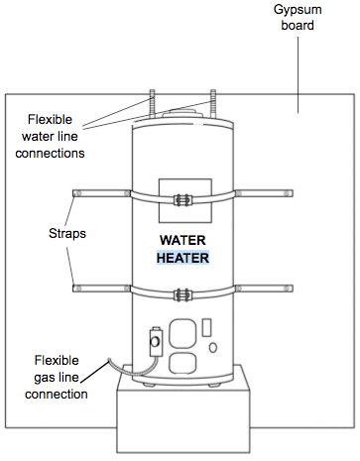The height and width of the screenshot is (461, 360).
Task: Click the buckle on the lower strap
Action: coord(180,293)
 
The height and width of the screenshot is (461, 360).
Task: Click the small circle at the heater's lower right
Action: coord(214,347)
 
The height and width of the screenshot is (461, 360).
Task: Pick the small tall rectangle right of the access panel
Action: coord(206,326)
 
